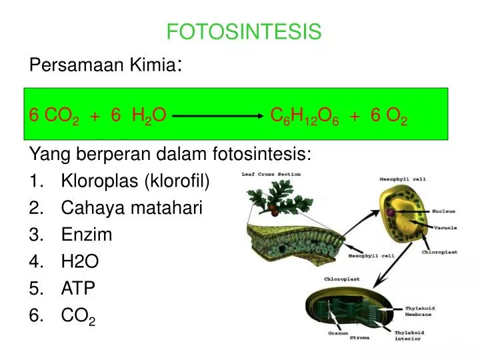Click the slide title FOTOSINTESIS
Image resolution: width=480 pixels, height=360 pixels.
(244, 31)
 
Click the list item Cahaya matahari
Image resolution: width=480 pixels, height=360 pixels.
(131, 208)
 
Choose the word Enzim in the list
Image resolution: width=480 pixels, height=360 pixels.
(87, 235)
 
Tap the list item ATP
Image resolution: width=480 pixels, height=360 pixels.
(79, 288)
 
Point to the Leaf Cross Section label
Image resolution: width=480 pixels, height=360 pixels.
(271, 175)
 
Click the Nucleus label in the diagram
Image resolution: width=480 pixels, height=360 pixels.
(443, 211)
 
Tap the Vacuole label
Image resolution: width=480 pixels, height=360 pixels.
(445, 228)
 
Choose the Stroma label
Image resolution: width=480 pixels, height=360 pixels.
(360, 338)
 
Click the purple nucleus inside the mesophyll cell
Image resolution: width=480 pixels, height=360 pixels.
(388, 213)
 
